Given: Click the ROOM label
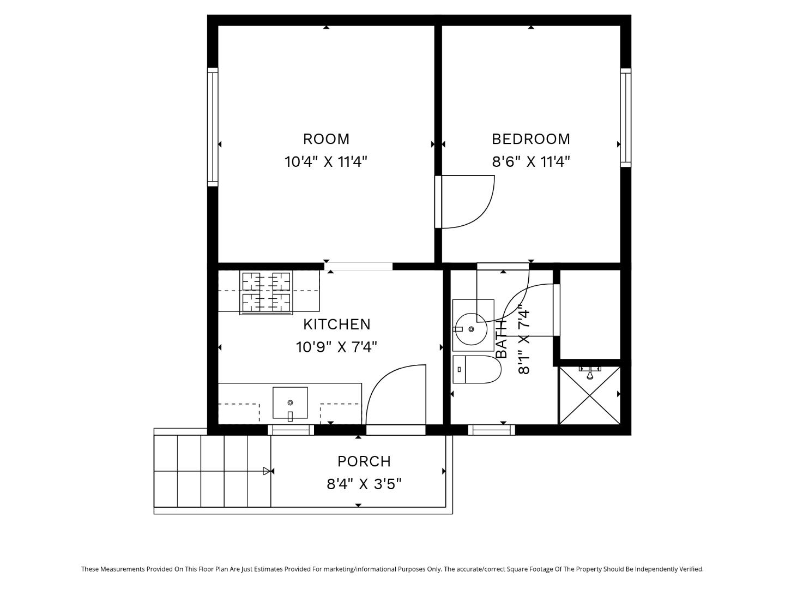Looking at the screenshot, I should [x=326, y=139].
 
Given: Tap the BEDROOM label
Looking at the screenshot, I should [x=531, y=139].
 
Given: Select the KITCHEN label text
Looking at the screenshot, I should [x=336, y=324].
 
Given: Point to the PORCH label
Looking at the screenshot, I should [x=364, y=461].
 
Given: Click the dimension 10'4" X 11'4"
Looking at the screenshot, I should [x=326, y=162].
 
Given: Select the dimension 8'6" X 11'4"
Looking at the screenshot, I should [x=531, y=162].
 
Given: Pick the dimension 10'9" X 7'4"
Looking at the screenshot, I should [x=336, y=347].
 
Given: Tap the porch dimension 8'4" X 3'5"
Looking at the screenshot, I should [x=364, y=484].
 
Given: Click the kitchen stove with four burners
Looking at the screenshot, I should [x=266, y=292].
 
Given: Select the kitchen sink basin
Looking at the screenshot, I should [x=290, y=403].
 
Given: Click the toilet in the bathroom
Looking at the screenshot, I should [x=476, y=370].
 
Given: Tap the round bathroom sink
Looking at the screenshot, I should [x=471, y=329].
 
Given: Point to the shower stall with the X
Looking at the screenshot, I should [x=590, y=395].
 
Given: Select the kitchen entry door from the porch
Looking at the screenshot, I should [x=396, y=398].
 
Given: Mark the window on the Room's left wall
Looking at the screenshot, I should [x=213, y=127].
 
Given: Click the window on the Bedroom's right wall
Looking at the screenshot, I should [x=626, y=117].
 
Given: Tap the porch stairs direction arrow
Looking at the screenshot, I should [x=267, y=471].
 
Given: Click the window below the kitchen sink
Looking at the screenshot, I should [x=291, y=430].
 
